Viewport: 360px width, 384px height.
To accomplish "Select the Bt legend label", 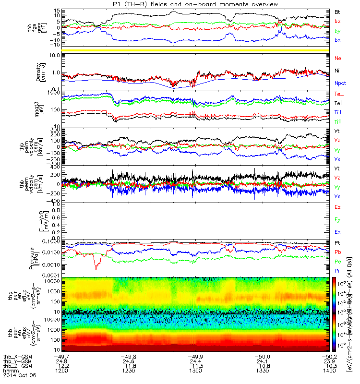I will point(338,11).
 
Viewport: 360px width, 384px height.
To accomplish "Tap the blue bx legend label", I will point(338,39).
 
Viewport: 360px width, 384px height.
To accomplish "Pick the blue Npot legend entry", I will point(340,83).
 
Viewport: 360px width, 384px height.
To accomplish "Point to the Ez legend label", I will point(338,207).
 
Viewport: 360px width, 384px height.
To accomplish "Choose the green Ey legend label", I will point(338,219).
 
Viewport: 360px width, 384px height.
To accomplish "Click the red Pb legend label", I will point(338,252).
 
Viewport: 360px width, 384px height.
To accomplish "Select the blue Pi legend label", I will point(337,271).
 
